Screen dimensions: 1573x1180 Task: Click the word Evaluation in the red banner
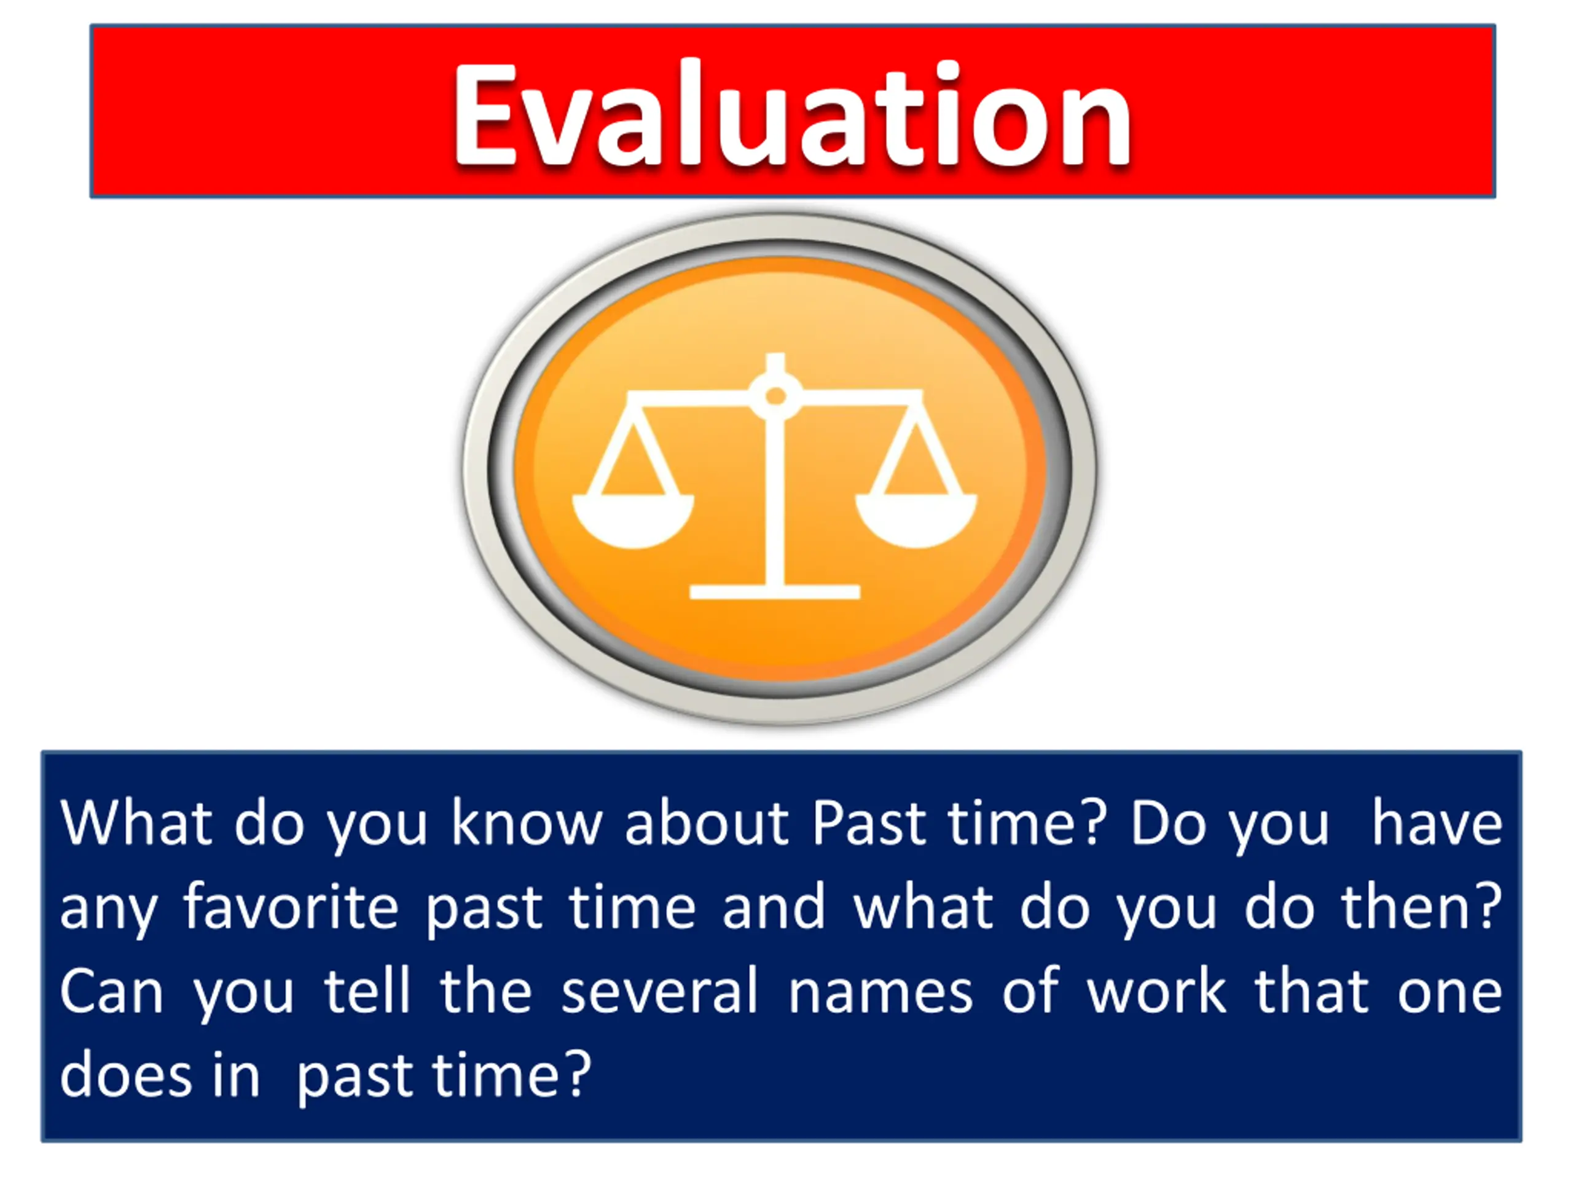point(792,114)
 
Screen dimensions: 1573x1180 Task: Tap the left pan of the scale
point(632,521)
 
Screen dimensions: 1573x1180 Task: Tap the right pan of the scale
point(916,521)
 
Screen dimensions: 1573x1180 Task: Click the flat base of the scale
point(775,592)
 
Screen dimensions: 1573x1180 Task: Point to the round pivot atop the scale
point(776,395)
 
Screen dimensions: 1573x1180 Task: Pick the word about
point(707,823)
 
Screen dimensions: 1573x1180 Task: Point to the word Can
point(112,991)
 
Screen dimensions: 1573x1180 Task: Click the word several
point(659,991)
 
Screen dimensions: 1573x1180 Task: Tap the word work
point(1157,991)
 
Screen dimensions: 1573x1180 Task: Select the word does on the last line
point(126,1074)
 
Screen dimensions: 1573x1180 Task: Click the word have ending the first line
point(1437,823)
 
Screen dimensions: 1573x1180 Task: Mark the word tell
point(367,991)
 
